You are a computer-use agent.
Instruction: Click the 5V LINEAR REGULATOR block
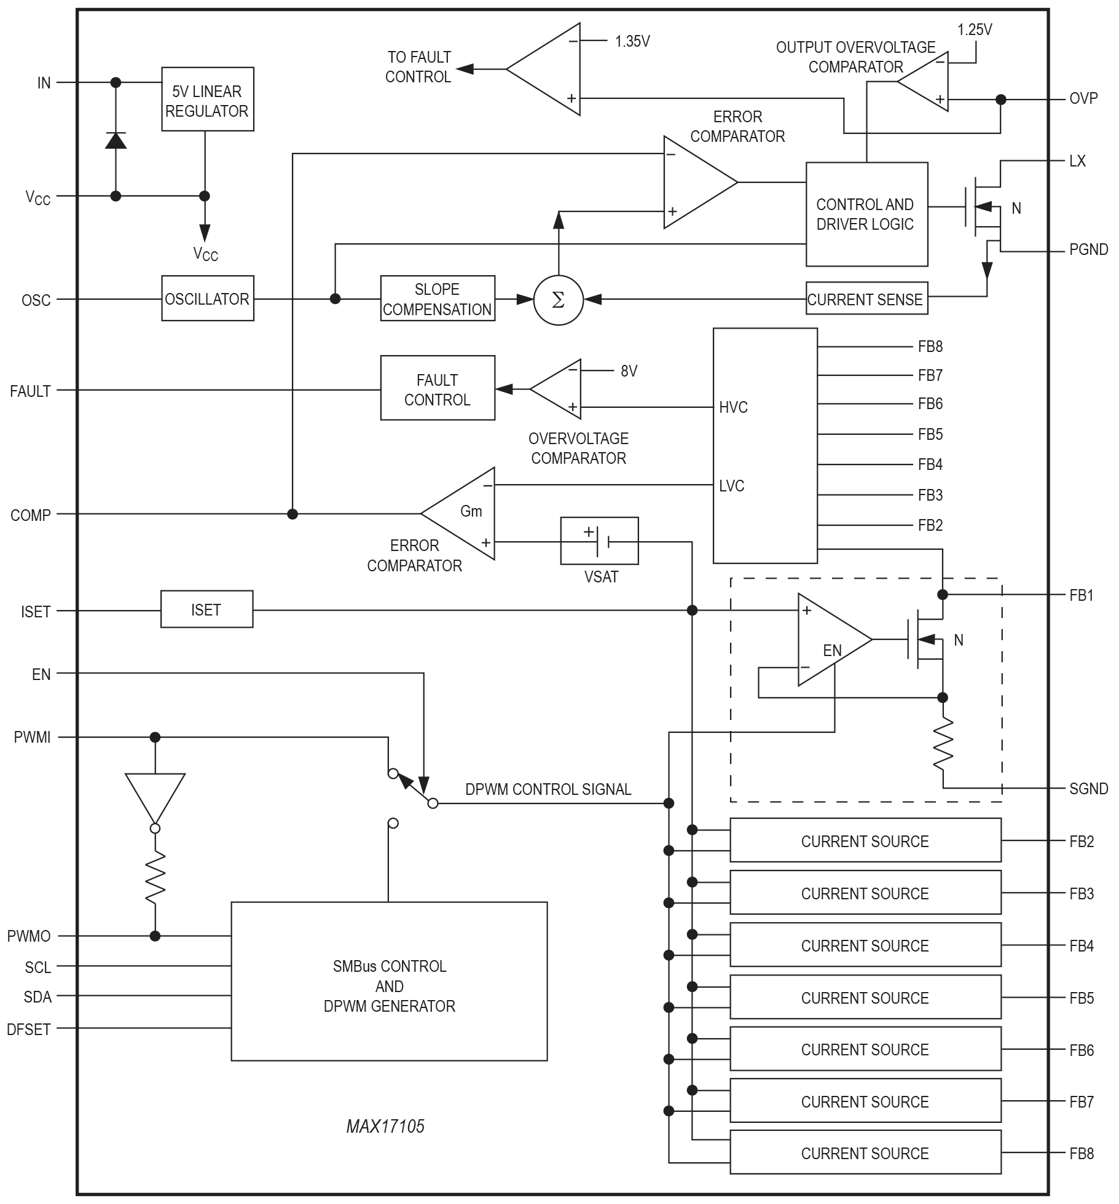tap(207, 99)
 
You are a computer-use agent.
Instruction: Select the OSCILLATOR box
tap(207, 299)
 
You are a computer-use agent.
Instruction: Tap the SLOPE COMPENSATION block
tap(437, 299)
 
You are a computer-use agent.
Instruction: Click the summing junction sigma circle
tap(558, 300)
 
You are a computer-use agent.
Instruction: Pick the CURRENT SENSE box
tap(866, 299)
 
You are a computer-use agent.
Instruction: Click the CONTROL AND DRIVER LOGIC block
tap(866, 214)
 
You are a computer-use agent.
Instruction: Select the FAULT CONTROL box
tap(437, 389)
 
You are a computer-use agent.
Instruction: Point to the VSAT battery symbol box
tap(599, 541)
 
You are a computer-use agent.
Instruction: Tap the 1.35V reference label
tap(632, 42)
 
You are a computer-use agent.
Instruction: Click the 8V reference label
tap(629, 371)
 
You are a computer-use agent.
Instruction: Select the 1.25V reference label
tap(974, 29)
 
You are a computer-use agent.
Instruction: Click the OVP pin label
tap(1083, 99)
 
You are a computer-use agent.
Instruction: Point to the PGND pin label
tap(1088, 250)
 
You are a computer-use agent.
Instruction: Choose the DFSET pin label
tap(28, 1030)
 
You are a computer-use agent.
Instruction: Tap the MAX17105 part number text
tap(385, 1126)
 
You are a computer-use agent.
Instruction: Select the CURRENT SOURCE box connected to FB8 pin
tap(865, 1153)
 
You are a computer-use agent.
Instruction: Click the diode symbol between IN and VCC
tap(116, 141)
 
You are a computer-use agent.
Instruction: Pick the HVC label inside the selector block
tap(733, 407)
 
